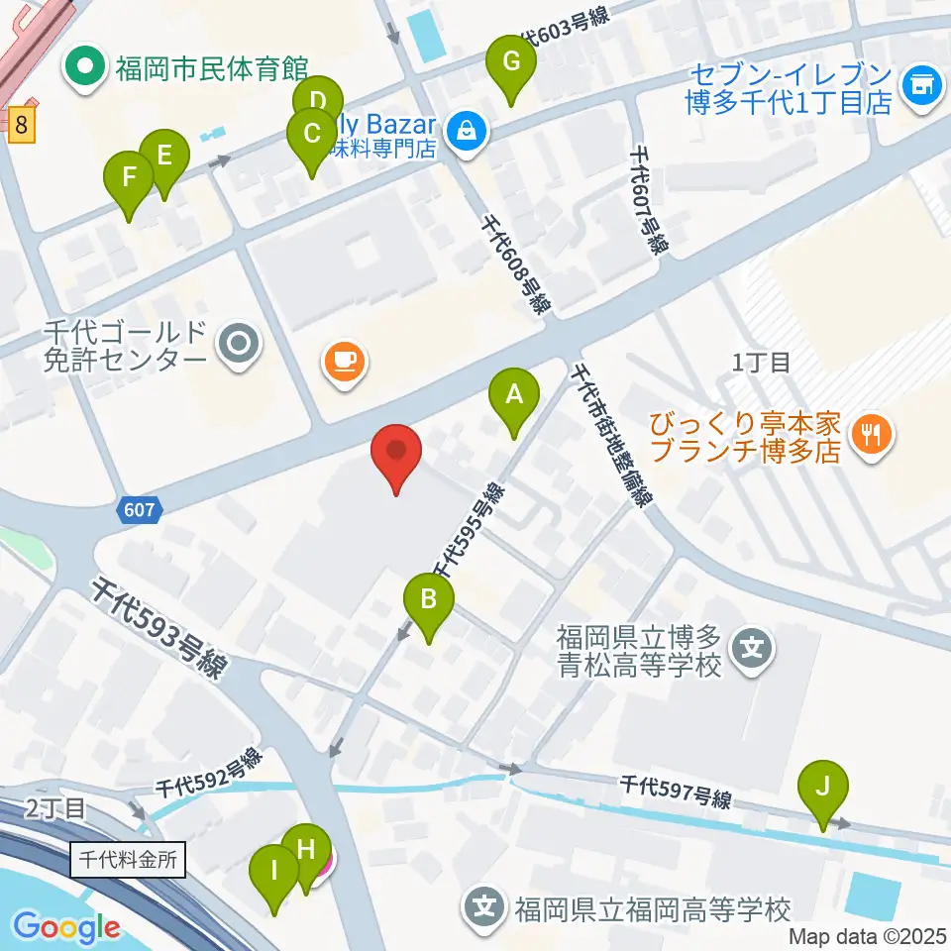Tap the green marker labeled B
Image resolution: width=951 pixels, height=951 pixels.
429,599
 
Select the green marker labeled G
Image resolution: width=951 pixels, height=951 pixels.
511,62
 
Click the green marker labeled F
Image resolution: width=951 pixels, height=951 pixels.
129,178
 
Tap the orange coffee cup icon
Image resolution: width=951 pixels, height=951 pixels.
344,362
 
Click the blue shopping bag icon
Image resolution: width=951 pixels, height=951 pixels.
464,129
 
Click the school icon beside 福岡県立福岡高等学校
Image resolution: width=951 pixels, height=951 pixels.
484,905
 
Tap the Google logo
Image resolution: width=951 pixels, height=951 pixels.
66,927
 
